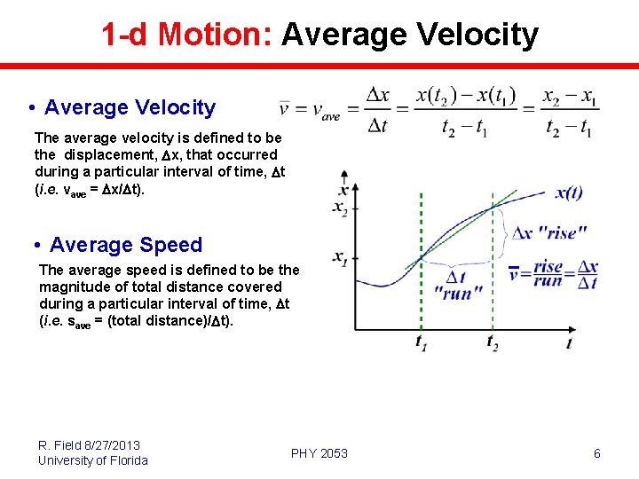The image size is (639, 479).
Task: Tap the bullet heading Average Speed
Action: (126, 245)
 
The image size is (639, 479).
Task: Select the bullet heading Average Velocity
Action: (130, 107)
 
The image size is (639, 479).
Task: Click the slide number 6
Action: (596, 453)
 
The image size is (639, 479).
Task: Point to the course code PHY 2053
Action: (319, 453)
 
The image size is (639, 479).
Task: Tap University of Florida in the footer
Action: (93, 459)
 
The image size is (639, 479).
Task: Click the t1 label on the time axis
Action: (421, 342)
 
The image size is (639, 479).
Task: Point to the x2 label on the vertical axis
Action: (341, 208)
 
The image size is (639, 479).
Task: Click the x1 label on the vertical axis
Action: (341, 258)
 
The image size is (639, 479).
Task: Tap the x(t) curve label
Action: (569, 193)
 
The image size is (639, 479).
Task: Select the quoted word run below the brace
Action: (457, 294)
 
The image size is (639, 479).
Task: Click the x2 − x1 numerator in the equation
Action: (569, 96)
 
